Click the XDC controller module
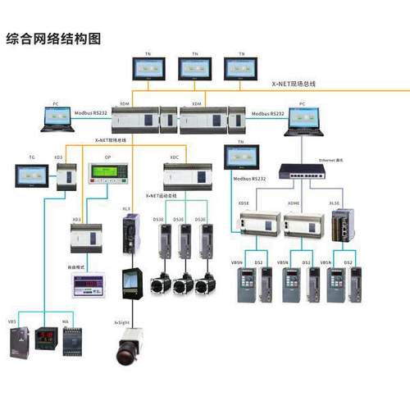187,175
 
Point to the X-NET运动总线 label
167,197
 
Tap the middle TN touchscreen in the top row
195,68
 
